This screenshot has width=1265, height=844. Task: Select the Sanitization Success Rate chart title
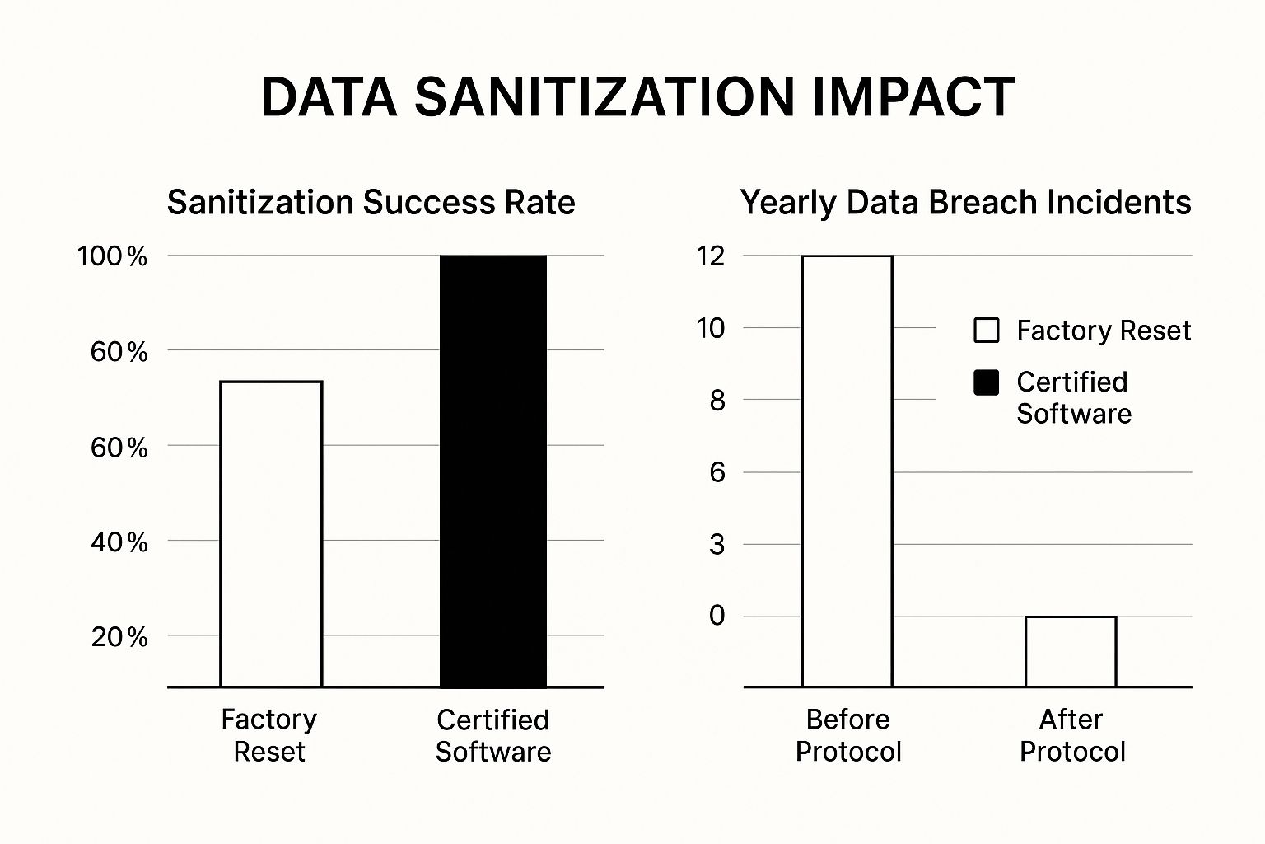(x=371, y=203)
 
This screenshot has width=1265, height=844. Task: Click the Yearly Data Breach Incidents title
(x=965, y=203)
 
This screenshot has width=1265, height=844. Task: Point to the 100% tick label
(x=112, y=256)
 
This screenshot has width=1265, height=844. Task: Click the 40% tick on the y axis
(x=119, y=542)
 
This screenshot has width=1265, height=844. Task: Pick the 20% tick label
(x=119, y=637)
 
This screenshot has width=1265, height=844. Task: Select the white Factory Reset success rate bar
(x=271, y=533)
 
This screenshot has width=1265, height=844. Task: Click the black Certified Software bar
(x=493, y=471)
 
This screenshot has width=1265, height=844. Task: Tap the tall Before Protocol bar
(x=847, y=471)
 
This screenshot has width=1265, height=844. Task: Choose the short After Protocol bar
(x=1071, y=651)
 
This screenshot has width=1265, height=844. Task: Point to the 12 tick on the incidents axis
(x=711, y=256)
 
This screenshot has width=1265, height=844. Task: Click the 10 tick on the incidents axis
(x=711, y=329)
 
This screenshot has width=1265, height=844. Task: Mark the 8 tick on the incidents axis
(x=717, y=401)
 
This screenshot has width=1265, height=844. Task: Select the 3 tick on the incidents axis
(x=717, y=545)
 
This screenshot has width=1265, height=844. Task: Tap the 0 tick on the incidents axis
(x=717, y=616)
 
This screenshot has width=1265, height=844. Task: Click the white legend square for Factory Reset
(x=986, y=331)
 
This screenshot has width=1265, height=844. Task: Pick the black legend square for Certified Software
(x=986, y=382)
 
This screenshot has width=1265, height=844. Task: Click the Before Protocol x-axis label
(x=848, y=735)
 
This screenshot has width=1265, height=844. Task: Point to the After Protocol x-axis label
(x=1071, y=735)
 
